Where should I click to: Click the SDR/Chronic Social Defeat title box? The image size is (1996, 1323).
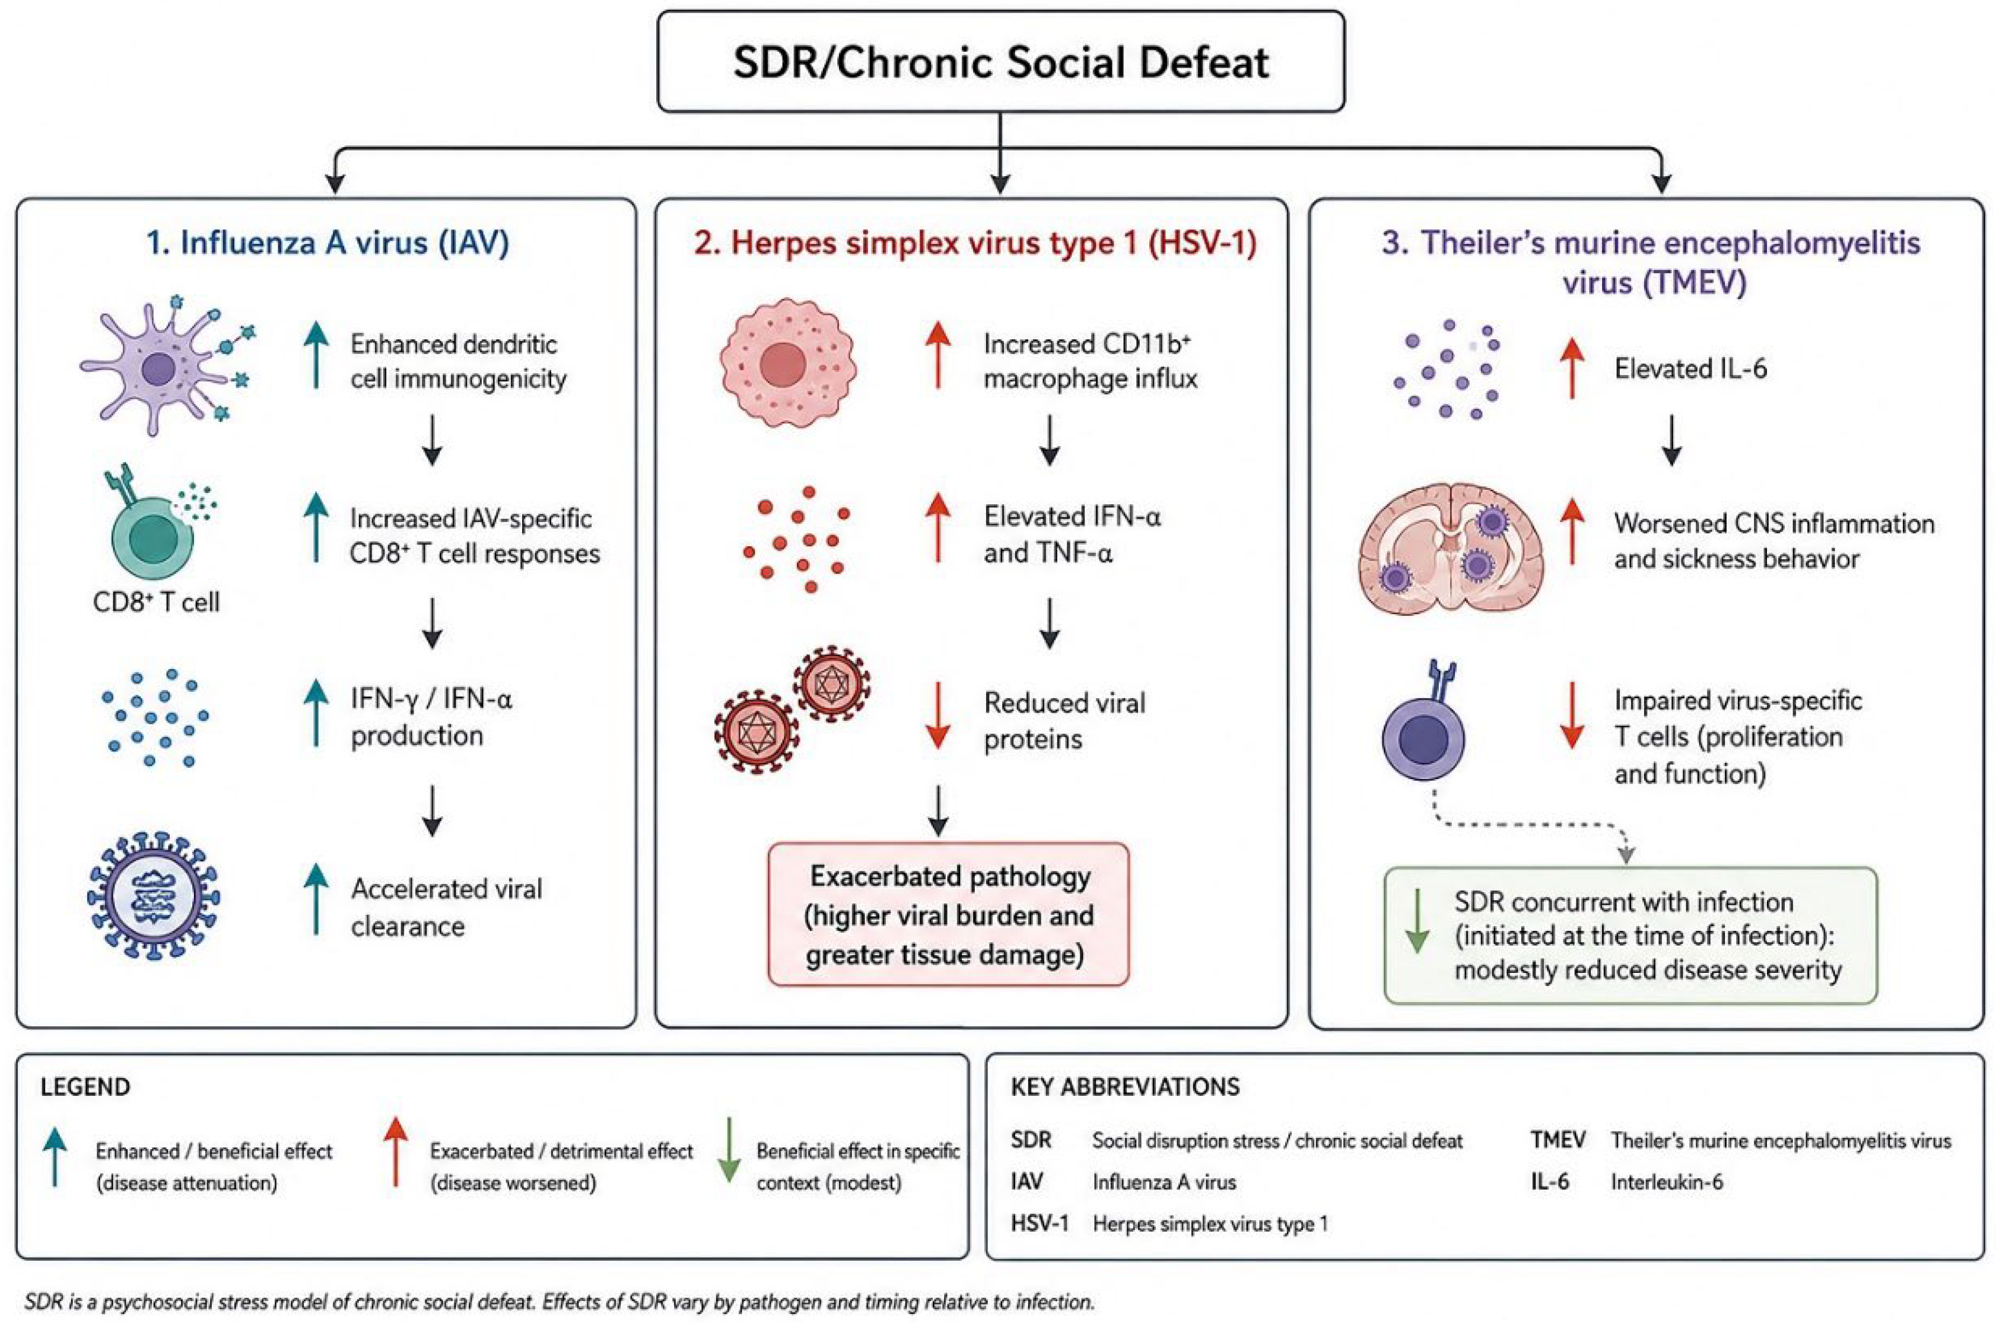1000,61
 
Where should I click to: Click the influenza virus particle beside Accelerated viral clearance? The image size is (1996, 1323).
154,896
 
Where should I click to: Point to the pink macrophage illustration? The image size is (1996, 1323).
788,363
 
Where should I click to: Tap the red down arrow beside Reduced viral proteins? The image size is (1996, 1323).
938,715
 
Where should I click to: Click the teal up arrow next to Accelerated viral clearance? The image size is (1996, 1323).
316,899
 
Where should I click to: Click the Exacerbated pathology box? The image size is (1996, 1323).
948,914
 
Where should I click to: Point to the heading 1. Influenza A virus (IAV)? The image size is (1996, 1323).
328,243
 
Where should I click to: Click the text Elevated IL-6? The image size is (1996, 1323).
1690,368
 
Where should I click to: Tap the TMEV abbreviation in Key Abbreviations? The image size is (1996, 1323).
1558,1140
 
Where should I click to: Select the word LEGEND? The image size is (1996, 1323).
85,1087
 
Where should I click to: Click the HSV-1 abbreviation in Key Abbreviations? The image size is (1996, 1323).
1040,1223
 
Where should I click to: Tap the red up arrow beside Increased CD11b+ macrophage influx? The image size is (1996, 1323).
938,355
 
